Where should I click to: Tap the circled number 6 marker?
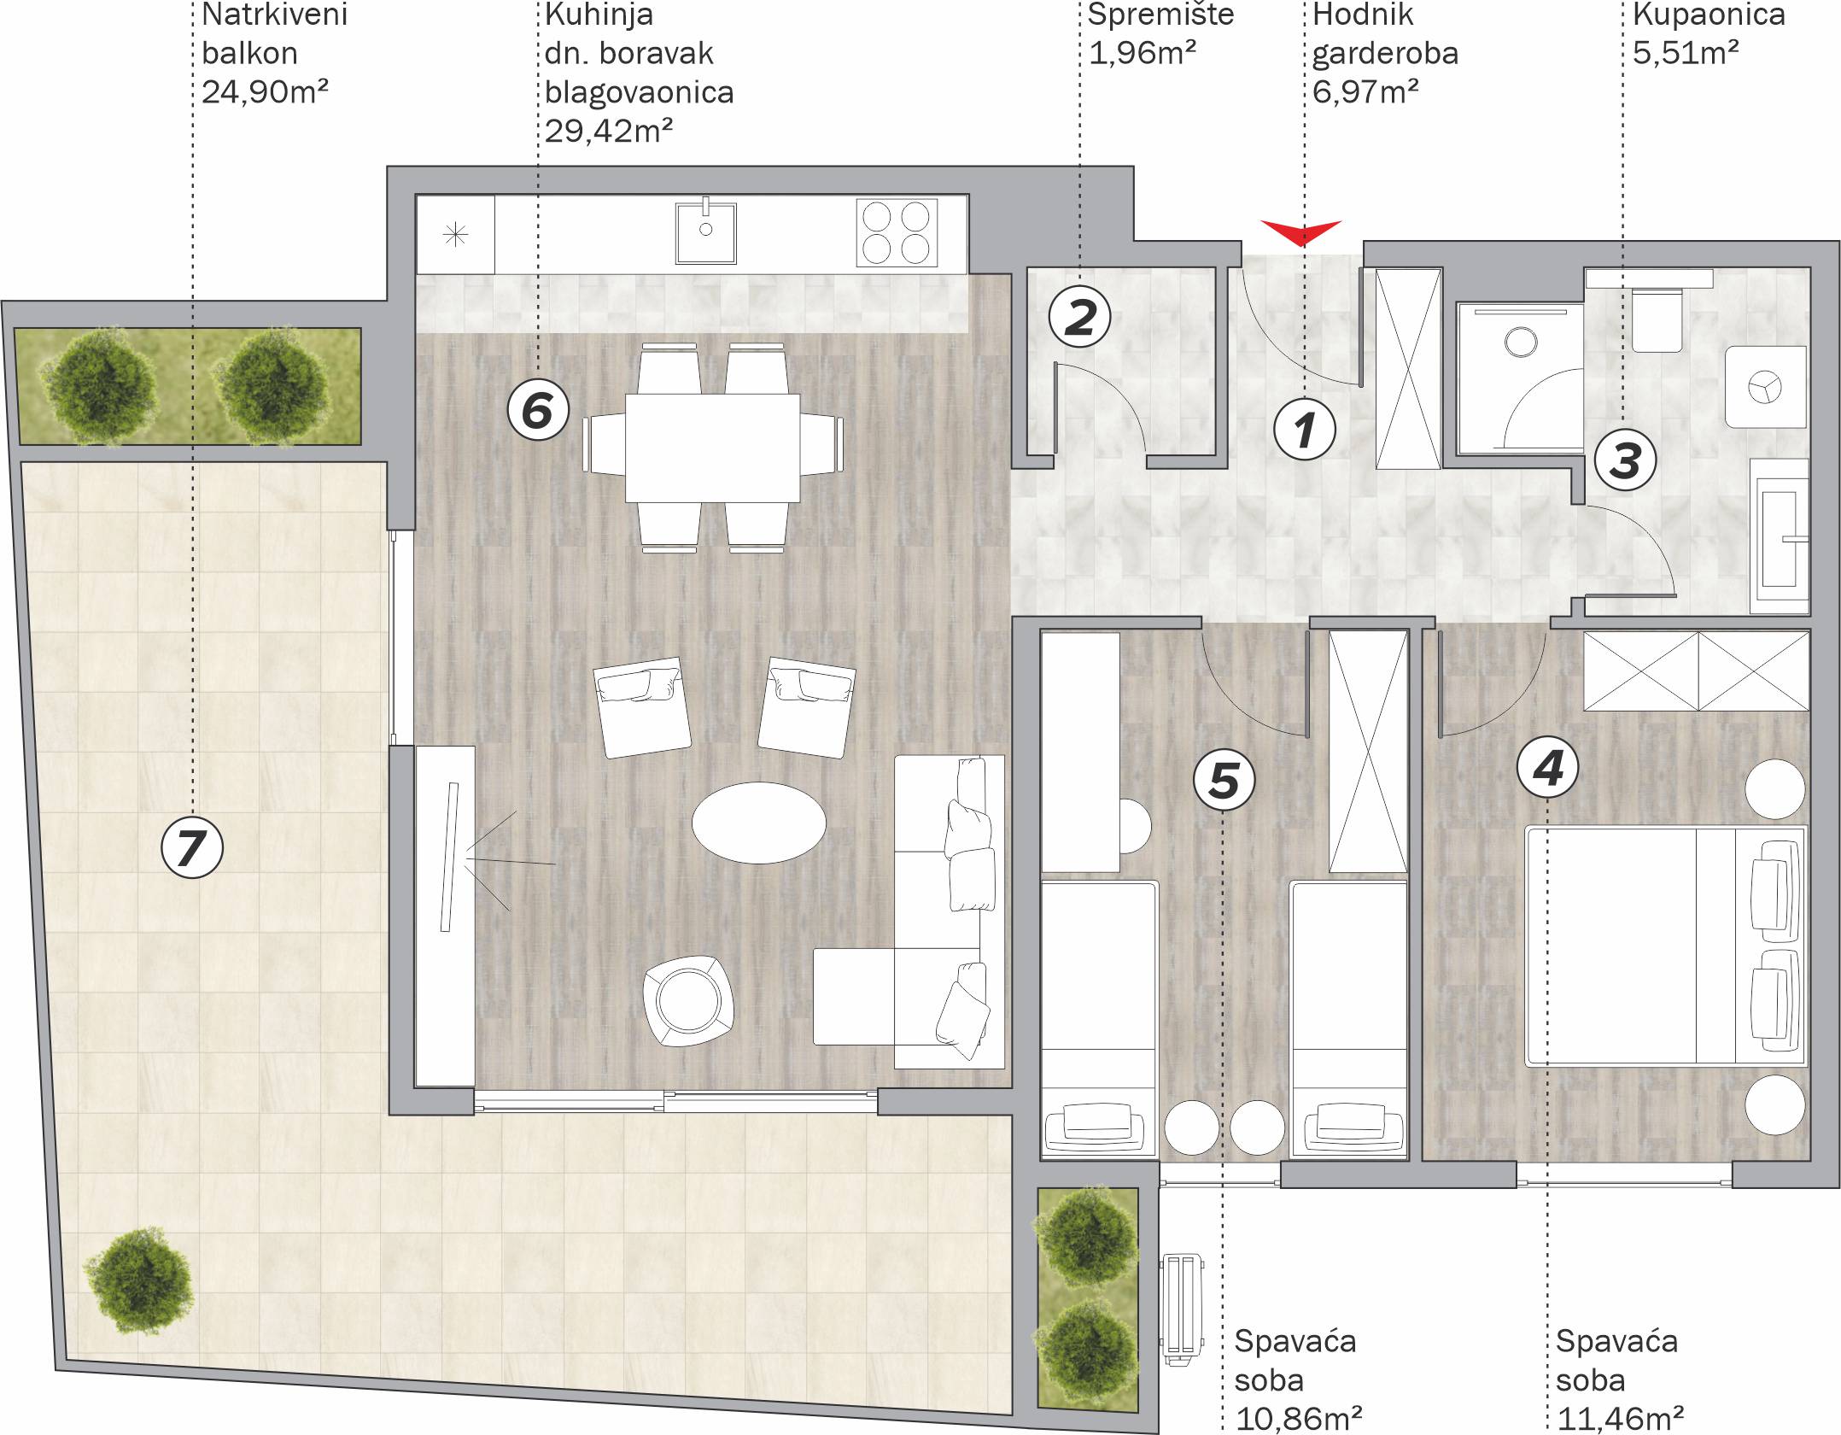(x=538, y=409)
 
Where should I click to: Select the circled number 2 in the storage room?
(x=1080, y=316)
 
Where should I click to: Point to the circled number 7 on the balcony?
(x=192, y=848)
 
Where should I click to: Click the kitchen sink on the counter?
(x=705, y=232)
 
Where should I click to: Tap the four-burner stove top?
(x=897, y=232)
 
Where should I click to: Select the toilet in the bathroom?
(x=1657, y=320)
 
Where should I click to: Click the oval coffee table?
(x=758, y=823)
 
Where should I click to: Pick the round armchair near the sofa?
(x=689, y=1000)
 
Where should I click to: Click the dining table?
(x=713, y=448)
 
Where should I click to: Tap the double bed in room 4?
(x=1666, y=946)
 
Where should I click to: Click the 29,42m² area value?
(x=609, y=131)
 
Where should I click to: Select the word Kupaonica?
(x=1709, y=15)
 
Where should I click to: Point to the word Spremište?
(x=1160, y=15)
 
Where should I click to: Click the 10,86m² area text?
(x=1299, y=1420)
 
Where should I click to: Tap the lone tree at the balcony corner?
(x=139, y=1280)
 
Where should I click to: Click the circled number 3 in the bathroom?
(x=1625, y=460)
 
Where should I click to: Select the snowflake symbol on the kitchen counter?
(x=456, y=234)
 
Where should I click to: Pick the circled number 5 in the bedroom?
(x=1224, y=780)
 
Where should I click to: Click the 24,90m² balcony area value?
(x=265, y=91)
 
